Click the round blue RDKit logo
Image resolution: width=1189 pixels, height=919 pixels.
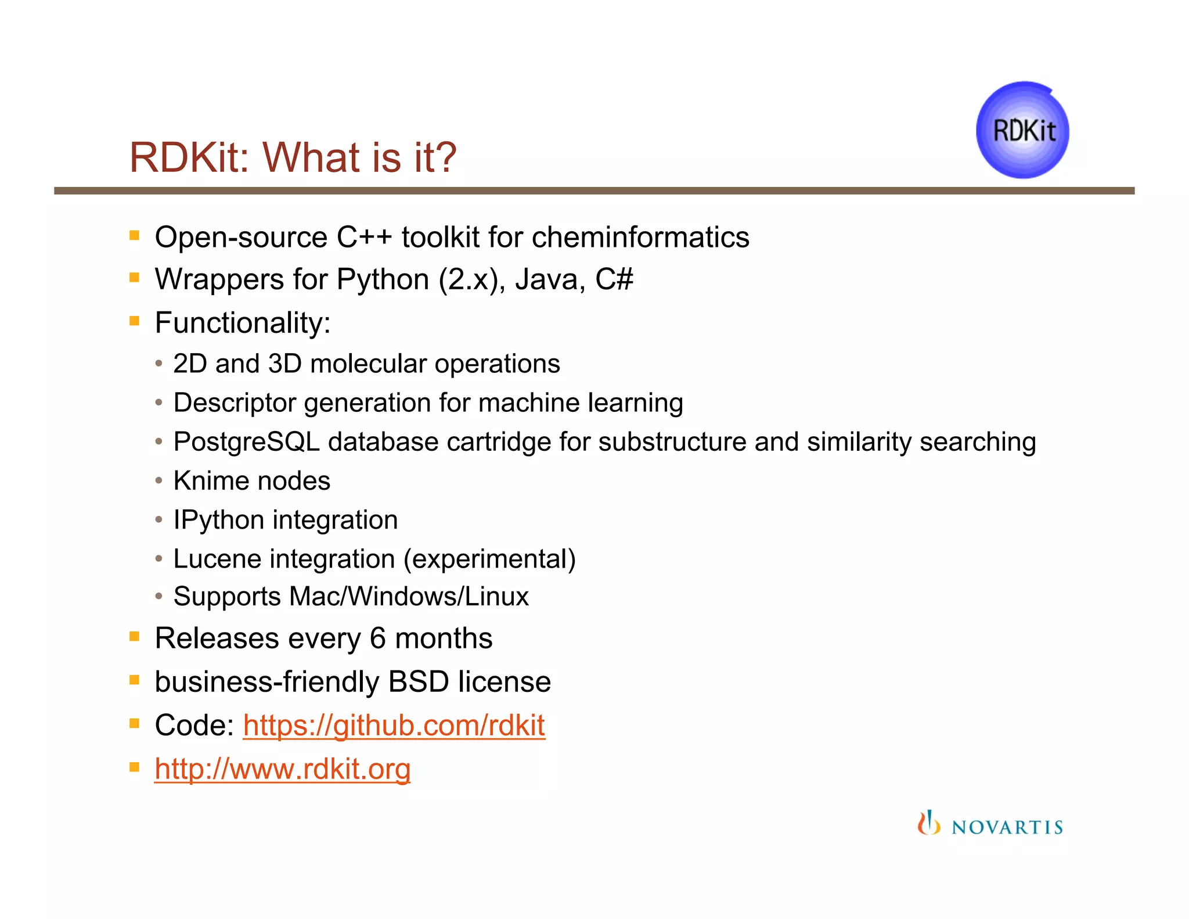(1023, 130)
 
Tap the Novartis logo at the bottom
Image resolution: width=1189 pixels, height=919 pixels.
(990, 824)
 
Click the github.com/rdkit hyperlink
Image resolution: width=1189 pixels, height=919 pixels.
(394, 725)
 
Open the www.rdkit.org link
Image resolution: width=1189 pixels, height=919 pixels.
(282, 769)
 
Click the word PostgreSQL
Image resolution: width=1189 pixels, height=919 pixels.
(247, 442)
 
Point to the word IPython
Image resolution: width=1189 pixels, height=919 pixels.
(218, 520)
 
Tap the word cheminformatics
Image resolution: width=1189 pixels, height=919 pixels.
(640, 237)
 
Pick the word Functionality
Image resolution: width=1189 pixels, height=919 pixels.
(241, 322)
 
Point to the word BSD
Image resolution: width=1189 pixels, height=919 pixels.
(418, 681)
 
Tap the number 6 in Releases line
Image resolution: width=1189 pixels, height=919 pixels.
(378, 638)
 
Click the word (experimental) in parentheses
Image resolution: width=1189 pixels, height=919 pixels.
(490, 559)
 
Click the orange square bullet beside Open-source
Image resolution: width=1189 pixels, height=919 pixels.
(135, 235)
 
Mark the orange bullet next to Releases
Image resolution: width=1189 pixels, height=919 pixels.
(135, 637)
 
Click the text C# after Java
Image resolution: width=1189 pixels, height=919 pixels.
(614, 279)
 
